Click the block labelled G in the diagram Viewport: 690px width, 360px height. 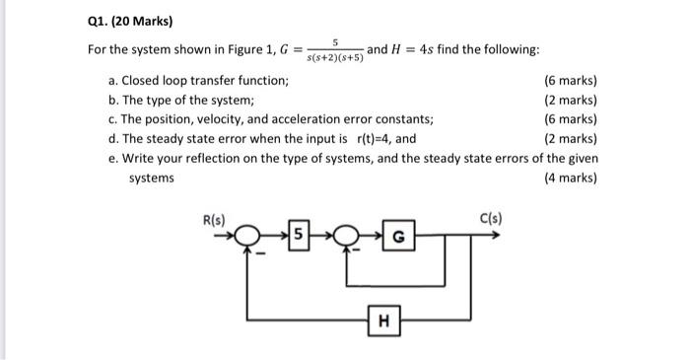(397, 237)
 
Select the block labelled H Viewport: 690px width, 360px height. (383, 319)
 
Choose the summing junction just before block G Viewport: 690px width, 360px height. (347, 237)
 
